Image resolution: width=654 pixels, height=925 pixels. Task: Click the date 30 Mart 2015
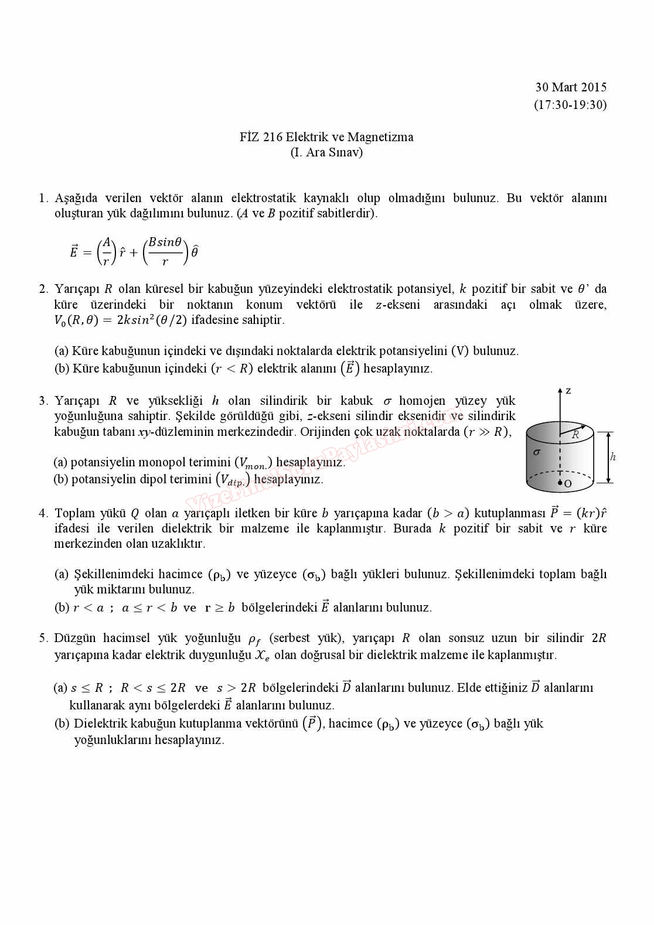point(570,87)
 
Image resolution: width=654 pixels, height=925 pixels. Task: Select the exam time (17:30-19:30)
point(570,105)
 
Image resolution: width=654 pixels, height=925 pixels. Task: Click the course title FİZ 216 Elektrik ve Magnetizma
point(326,137)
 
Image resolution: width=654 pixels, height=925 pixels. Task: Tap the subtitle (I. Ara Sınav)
point(326,152)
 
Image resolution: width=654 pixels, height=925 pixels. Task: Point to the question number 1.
point(42,198)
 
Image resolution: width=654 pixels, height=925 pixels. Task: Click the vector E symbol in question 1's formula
point(74,251)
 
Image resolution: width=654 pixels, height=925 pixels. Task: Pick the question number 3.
point(43,401)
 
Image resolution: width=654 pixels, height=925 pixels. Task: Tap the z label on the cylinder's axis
point(568,391)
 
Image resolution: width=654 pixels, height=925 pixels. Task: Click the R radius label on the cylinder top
point(575,435)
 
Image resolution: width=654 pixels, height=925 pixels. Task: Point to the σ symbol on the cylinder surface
point(537,452)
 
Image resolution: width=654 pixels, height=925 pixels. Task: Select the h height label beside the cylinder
point(613,458)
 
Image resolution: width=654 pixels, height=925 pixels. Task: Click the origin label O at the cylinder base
point(568,484)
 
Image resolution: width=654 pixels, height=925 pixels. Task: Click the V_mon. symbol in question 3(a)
point(253,463)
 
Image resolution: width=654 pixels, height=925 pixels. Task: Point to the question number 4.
point(43,513)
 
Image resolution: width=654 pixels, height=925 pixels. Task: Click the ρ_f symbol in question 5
point(254,639)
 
